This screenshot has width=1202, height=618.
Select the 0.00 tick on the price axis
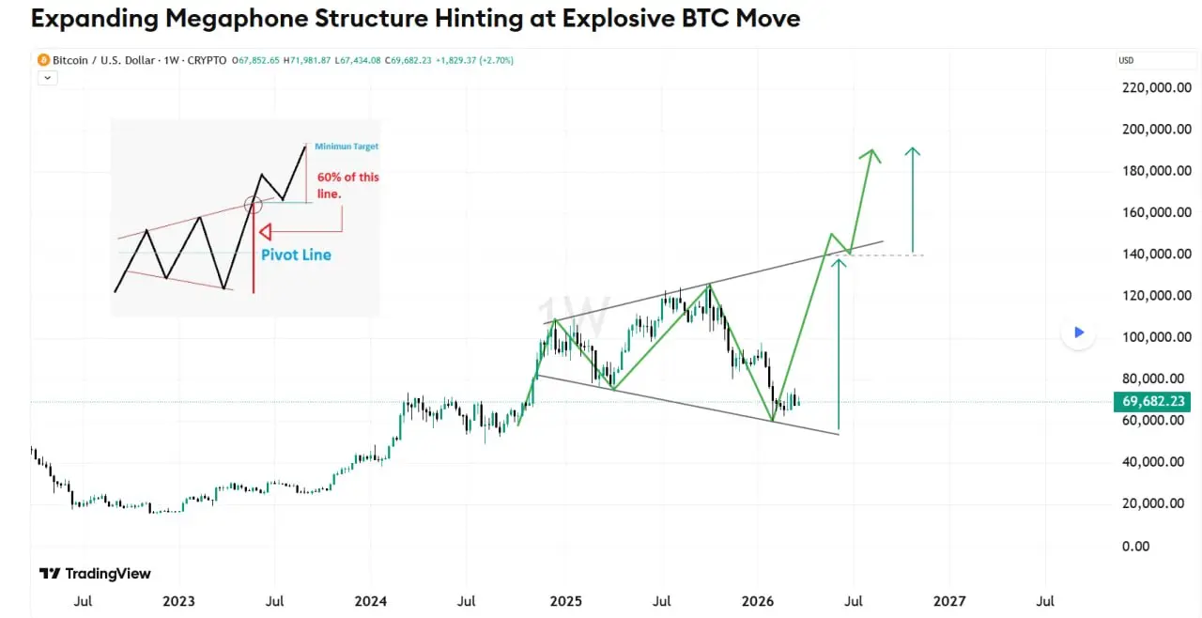pyautogui.click(x=1135, y=546)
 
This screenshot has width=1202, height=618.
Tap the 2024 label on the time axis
pyautogui.click(x=371, y=600)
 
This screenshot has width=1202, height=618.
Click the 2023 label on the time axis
pyautogui.click(x=178, y=600)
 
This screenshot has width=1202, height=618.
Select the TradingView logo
pyautogui.click(x=95, y=574)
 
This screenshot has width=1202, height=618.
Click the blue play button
pyautogui.click(x=1079, y=332)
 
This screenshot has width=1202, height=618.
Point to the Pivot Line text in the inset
pyautogui.click(x=296, y=255)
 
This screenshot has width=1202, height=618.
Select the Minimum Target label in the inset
pyautogui.click(x=347, y=147)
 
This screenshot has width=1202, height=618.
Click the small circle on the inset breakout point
pyautogui.click(x=253, y=203)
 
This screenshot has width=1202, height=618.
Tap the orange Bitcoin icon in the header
pyautogui.click(x=43, y=60)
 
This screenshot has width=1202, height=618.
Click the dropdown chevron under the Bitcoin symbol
pyautogui.click(x=47, y=78)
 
